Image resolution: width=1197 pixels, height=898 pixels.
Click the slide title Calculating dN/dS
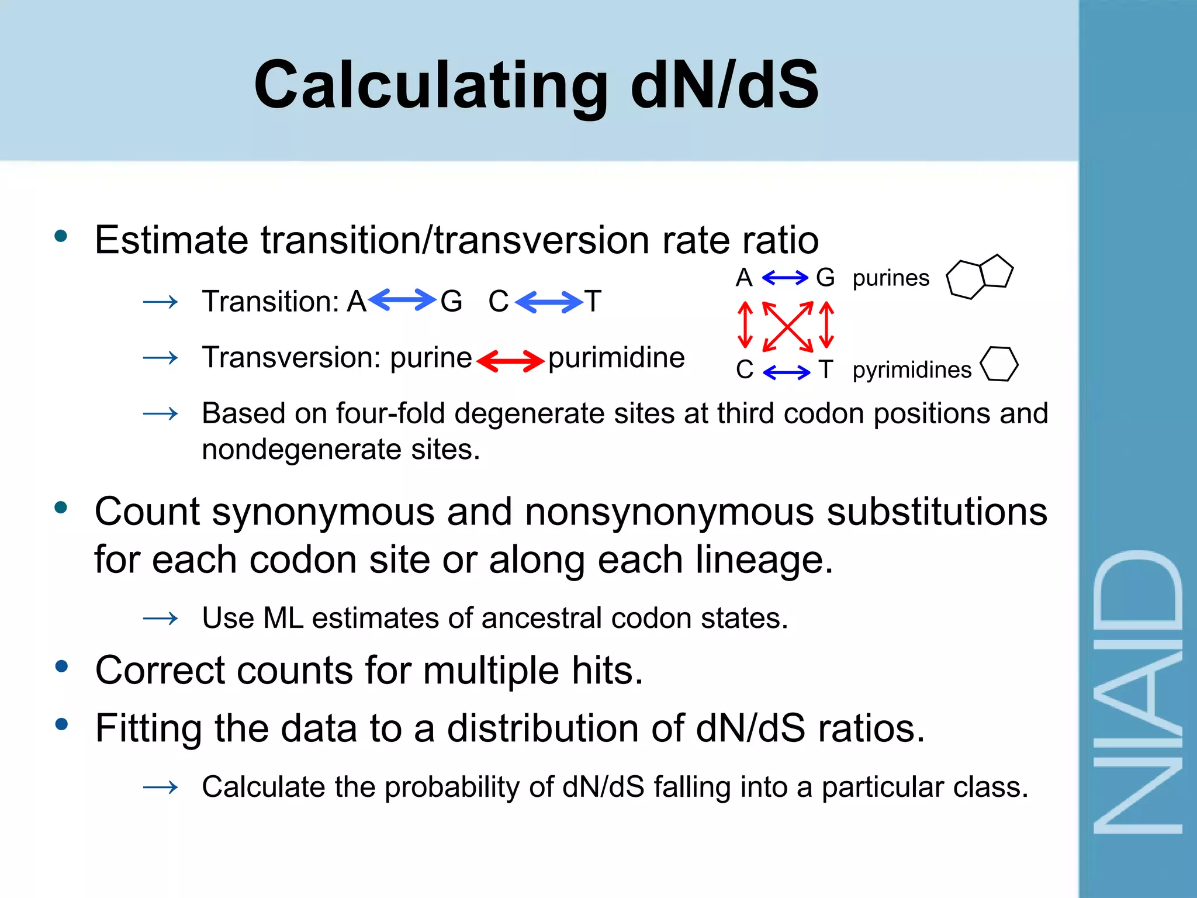point(536,85)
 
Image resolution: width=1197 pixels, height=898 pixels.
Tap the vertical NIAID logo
point(1137,693)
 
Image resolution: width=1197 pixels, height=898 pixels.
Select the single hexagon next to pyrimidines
point(999,364)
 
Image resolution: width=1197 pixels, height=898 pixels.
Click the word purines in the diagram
point(891,278)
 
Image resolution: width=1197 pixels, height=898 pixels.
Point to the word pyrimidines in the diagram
point(912,370)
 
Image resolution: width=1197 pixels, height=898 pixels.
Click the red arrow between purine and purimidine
point(510,360)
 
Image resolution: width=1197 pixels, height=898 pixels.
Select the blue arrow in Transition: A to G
point(402,301)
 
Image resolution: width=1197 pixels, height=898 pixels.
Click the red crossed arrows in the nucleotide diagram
point(787,326)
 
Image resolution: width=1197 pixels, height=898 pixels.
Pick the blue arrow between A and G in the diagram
point(785,278)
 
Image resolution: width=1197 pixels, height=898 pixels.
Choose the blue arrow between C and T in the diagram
point(786,371)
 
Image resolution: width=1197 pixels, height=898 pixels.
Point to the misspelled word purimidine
point(616,357)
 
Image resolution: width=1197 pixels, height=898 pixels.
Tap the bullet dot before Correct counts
point(61,666)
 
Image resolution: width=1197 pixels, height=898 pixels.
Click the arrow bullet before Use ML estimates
point(160,618)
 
